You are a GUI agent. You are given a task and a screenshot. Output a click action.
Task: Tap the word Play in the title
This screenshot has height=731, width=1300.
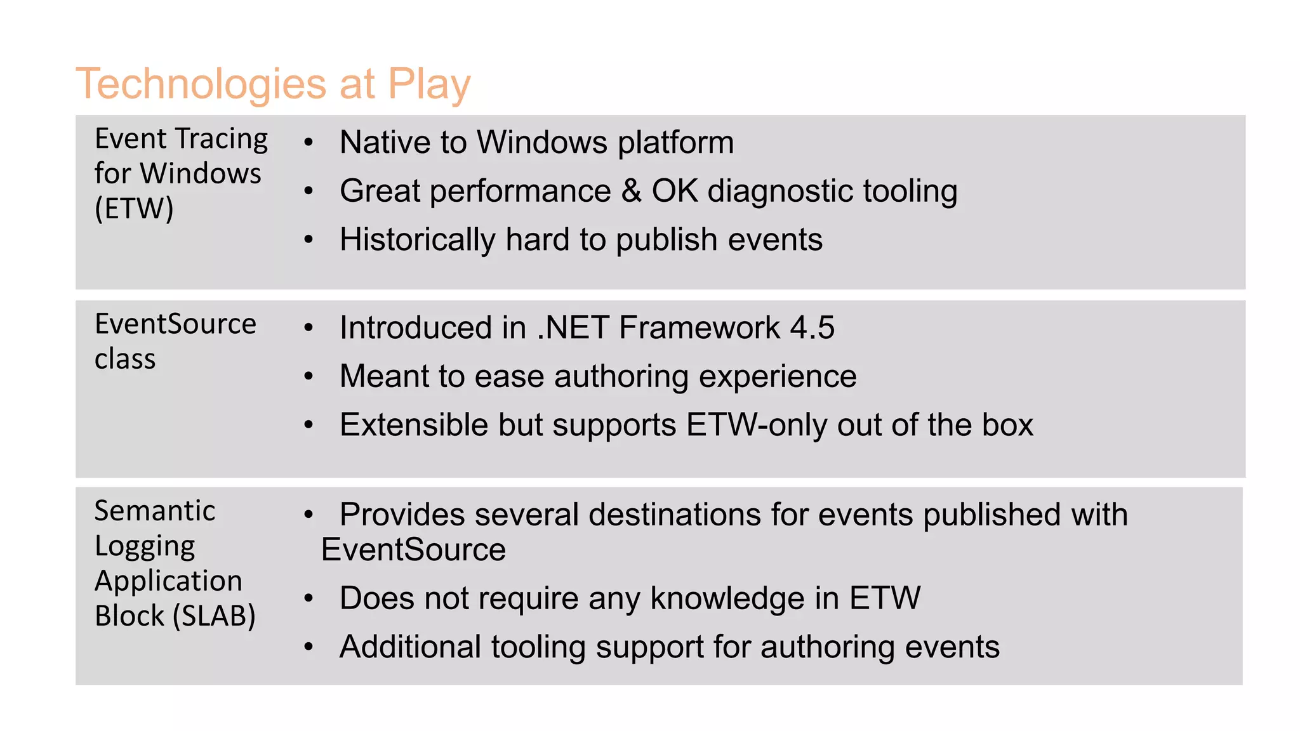(x=429, y=84)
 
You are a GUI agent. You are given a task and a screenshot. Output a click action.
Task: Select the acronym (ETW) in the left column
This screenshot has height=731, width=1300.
(x=134, y=208)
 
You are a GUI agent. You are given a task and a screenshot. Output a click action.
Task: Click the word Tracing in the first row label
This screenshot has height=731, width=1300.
(x=221, y=139)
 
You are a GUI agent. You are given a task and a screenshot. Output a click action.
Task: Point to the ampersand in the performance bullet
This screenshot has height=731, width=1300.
(x=631, y=191)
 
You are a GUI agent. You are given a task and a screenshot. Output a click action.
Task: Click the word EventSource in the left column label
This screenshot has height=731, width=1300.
(x=175, y=324)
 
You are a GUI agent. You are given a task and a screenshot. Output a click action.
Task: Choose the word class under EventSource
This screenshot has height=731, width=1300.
(x=125, y=359)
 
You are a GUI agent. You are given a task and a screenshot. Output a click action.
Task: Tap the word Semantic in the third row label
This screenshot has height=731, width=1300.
(x=155, y=511)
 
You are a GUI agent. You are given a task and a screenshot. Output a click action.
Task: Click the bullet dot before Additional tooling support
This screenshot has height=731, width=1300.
(x=308, y=647)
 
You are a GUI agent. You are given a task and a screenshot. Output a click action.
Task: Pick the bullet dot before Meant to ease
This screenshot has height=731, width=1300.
(x=308, y=376)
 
